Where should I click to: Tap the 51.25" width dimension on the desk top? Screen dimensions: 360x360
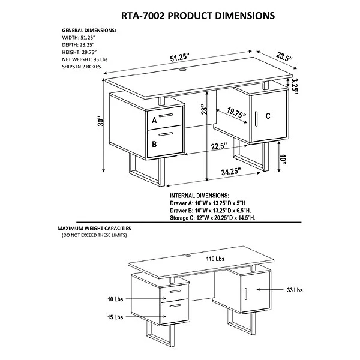click(180, 57)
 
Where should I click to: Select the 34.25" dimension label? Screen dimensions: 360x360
click(231, 172)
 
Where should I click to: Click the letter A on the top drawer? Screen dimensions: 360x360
click(154, 120)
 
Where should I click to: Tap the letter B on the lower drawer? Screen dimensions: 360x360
click(154, 144)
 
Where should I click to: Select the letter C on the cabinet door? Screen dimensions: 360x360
click(268, 116)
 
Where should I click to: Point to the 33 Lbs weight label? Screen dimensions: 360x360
click(295, 290)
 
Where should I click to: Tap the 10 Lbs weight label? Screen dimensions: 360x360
click(115, 298)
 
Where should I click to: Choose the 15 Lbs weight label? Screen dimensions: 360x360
click(115, 316)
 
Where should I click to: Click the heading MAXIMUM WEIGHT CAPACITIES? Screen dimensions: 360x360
click(94, 229)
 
